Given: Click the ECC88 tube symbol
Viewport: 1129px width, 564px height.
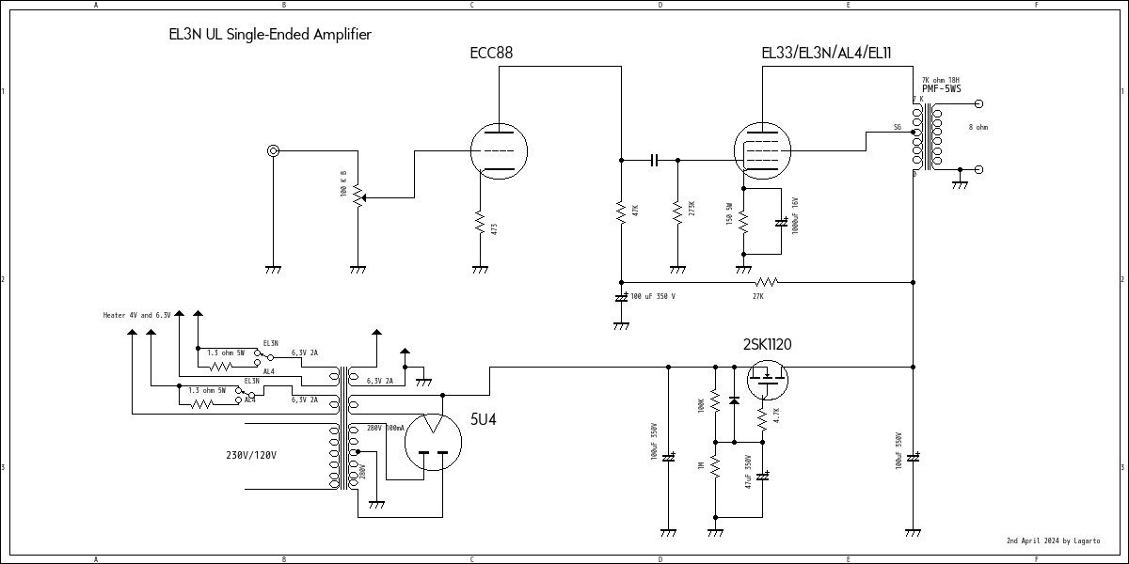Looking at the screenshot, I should pos(499,150).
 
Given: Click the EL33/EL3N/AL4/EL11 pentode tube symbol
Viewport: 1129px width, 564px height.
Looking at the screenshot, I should pos(762,150).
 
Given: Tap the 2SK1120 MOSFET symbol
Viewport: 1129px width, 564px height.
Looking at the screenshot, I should pos(767,378).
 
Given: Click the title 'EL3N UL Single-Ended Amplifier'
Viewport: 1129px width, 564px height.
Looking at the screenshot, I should pos(270,35).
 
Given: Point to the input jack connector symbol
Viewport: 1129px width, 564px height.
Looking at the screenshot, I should pos(273,150).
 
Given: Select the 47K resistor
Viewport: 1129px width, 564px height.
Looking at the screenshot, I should pos(621,211).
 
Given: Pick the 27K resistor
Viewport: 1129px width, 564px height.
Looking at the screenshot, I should pos(767,281).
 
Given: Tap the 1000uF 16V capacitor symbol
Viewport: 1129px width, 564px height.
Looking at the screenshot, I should pos(781,223).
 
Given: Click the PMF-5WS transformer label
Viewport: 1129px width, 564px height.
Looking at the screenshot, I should pos(941,89).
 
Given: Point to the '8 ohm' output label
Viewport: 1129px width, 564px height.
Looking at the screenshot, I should pos(978,127).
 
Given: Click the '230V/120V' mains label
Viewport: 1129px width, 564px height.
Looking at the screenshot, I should pos(251,455).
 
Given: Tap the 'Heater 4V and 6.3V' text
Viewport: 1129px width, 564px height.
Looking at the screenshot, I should pos(136,315).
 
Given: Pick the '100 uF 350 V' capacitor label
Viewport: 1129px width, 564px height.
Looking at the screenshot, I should pos(653,296).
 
